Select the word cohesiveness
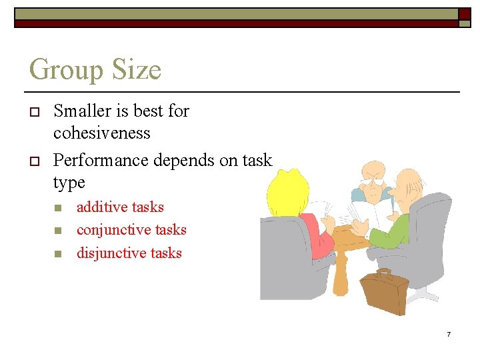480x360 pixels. [102, 133]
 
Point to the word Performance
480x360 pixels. [101, 160]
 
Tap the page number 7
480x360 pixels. [449, 333]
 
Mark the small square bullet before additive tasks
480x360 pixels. [58, 208]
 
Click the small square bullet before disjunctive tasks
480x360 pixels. [58, 253]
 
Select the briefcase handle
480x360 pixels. [385, 272]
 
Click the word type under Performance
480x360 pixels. [69, 183]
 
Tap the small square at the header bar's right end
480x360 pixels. [464, 14]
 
